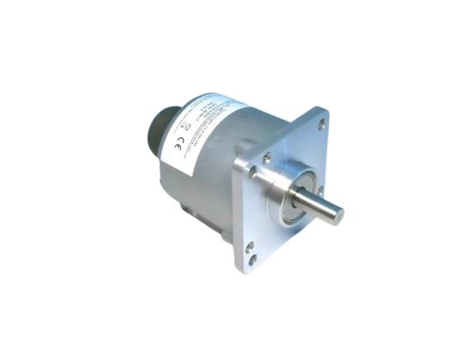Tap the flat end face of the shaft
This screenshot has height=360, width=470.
click(337, 215)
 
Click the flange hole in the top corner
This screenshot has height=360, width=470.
click(321, 124)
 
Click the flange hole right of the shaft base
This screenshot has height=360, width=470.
click(320, 190)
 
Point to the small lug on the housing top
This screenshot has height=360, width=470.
click(244, 147)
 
